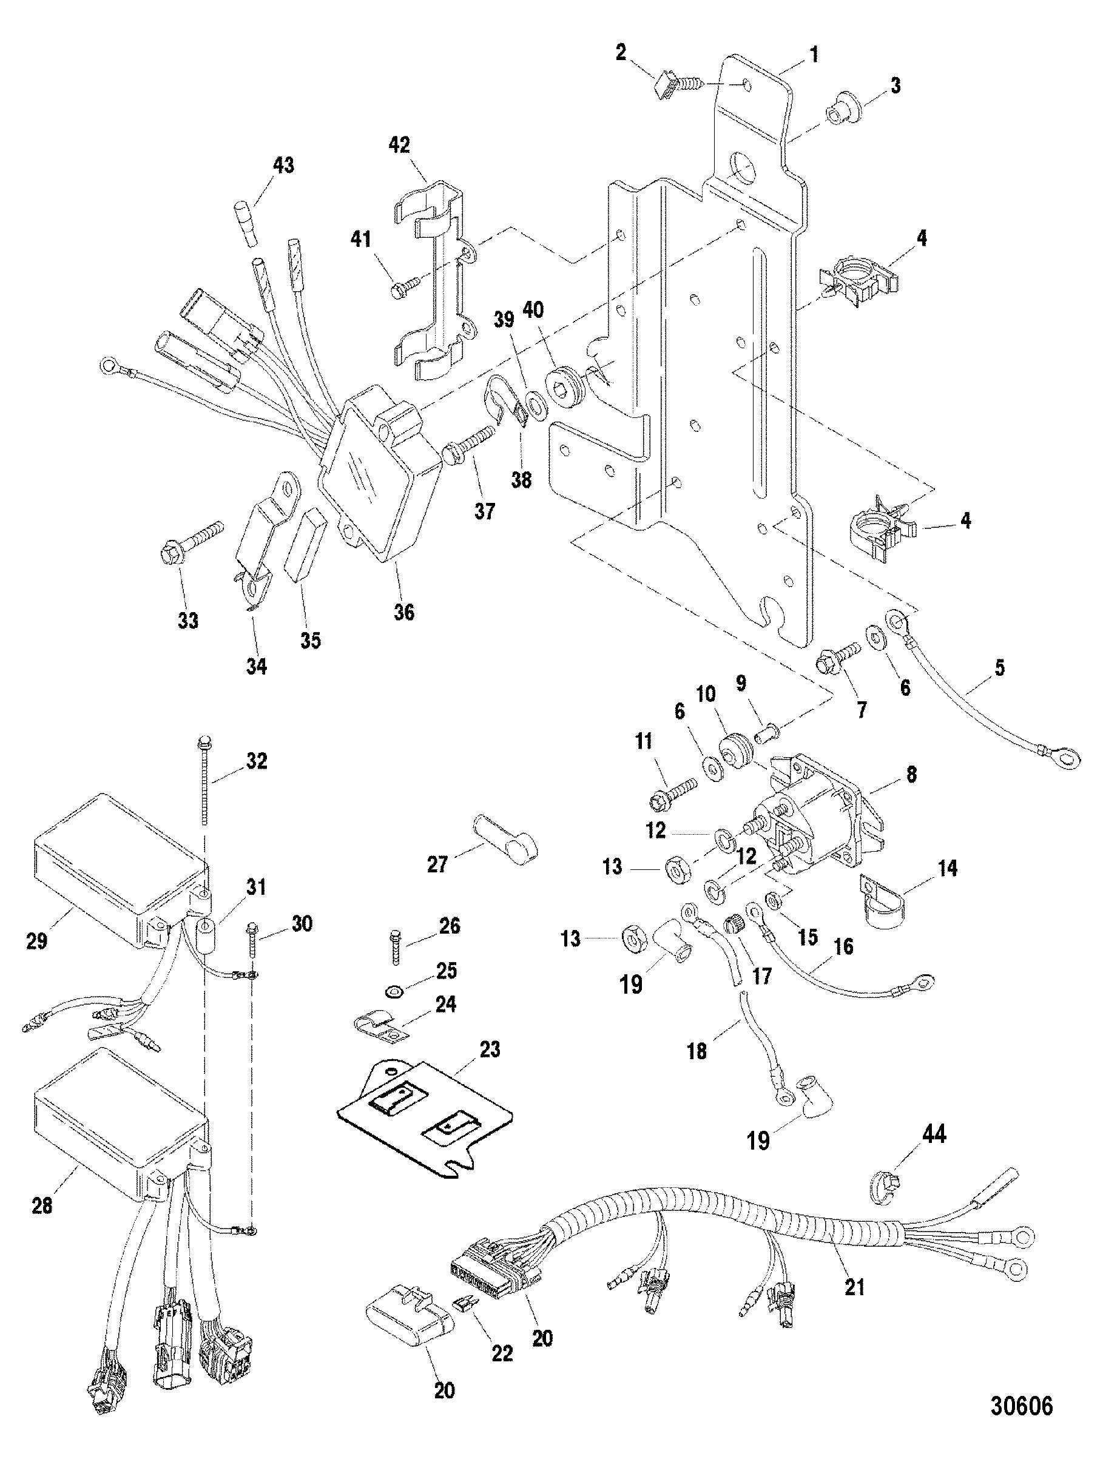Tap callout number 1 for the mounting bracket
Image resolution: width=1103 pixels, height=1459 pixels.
tap(814, 54)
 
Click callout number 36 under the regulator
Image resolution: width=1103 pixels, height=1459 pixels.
tap(405, 612)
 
